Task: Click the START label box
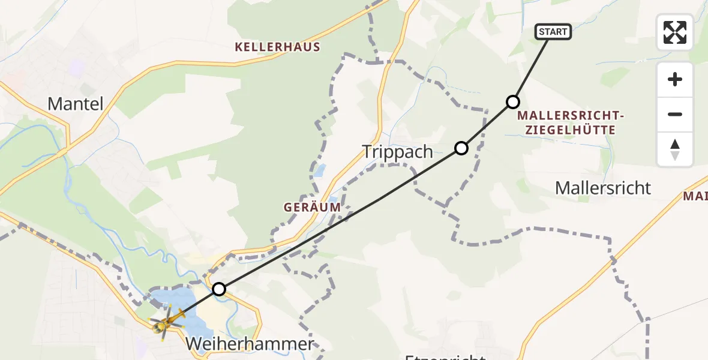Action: pyautogui.click(x=553, y=32)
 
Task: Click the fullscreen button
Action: pyautogui.click(x=675, y=32)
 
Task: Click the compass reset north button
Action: pyautogui.click(x=675, y=149)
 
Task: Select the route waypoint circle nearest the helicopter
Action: pyautogui.click(x=220, y=289)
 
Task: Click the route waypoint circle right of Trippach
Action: pyautogui.click(x=461, y=148)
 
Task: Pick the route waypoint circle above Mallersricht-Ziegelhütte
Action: pyautogui.click(x=512, y=102)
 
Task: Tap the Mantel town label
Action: pyautogui.click(x=76, y=104)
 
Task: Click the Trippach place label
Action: pyautogui.click(x=398, y=152)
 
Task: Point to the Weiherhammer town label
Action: pyautogui.click(x=250, y=344)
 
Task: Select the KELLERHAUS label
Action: pyautogui.click(x=278, y=47)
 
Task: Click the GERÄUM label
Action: pyautogui.click(x=313, y=207)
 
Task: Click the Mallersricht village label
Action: pyautogui.click(x=603, y=188)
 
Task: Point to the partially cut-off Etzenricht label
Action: pyautogui.click(x=445, y=356)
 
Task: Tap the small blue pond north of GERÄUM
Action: pyautogui.click(x=320, y=170)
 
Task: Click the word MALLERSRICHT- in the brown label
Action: pyautogui.click(x=571, y=115)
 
